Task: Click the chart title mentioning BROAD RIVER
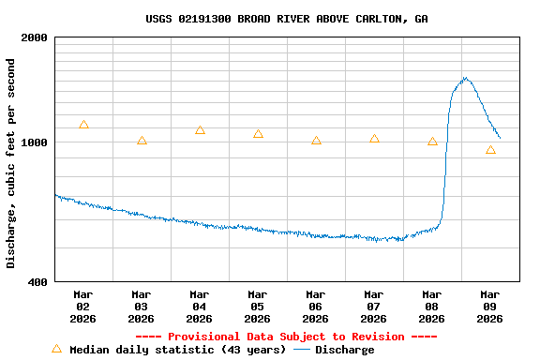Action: pos(287,19)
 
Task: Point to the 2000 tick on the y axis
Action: pos(35,38)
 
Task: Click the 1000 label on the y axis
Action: pos(35,143)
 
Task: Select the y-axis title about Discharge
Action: pos(11,163)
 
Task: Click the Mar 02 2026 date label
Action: pos(82,307)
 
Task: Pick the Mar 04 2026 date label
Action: pos(199,307)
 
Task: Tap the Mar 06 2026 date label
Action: pos(315,307)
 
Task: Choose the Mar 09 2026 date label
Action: pos(489,307)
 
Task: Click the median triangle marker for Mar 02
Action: pos(83,125)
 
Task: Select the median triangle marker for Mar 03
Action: pos(142,141)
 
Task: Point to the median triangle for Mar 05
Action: pos(258,134)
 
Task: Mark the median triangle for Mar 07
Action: pos(374,139)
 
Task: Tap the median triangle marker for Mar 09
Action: pos(490,150)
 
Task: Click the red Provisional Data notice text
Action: pos(286,337)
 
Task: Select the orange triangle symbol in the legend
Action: pos(56,349)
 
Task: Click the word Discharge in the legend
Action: pos(344,350)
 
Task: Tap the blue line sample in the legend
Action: pos(302,350)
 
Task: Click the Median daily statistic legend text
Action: pos(177,350)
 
